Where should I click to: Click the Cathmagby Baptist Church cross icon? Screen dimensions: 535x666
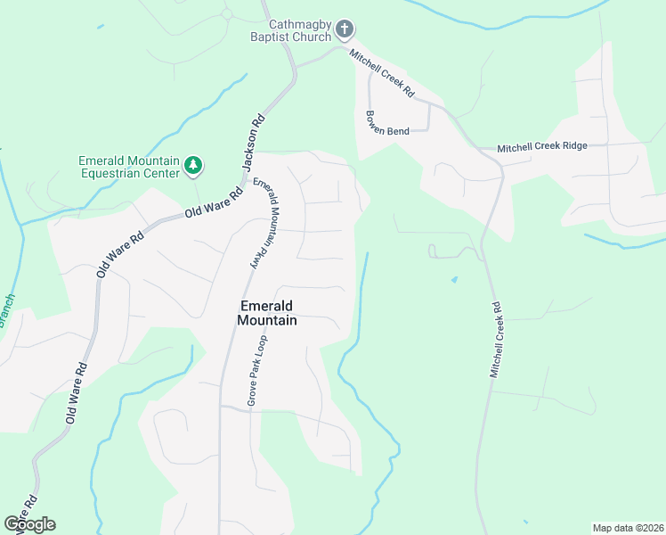coord(345,31)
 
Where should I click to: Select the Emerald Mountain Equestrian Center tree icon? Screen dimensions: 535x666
coord(192,165)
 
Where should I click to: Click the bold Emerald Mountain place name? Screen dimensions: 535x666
coord(268,312)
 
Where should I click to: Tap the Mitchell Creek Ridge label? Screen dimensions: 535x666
coord(542,147)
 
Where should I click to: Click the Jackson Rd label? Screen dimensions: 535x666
coord(254,143)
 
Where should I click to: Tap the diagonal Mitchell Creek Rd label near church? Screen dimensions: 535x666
coord(383,73)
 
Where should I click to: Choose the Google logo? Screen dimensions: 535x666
coord(29,524)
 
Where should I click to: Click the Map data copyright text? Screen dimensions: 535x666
coord(627,528)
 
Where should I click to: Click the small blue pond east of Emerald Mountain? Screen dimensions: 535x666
coord(455,279)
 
